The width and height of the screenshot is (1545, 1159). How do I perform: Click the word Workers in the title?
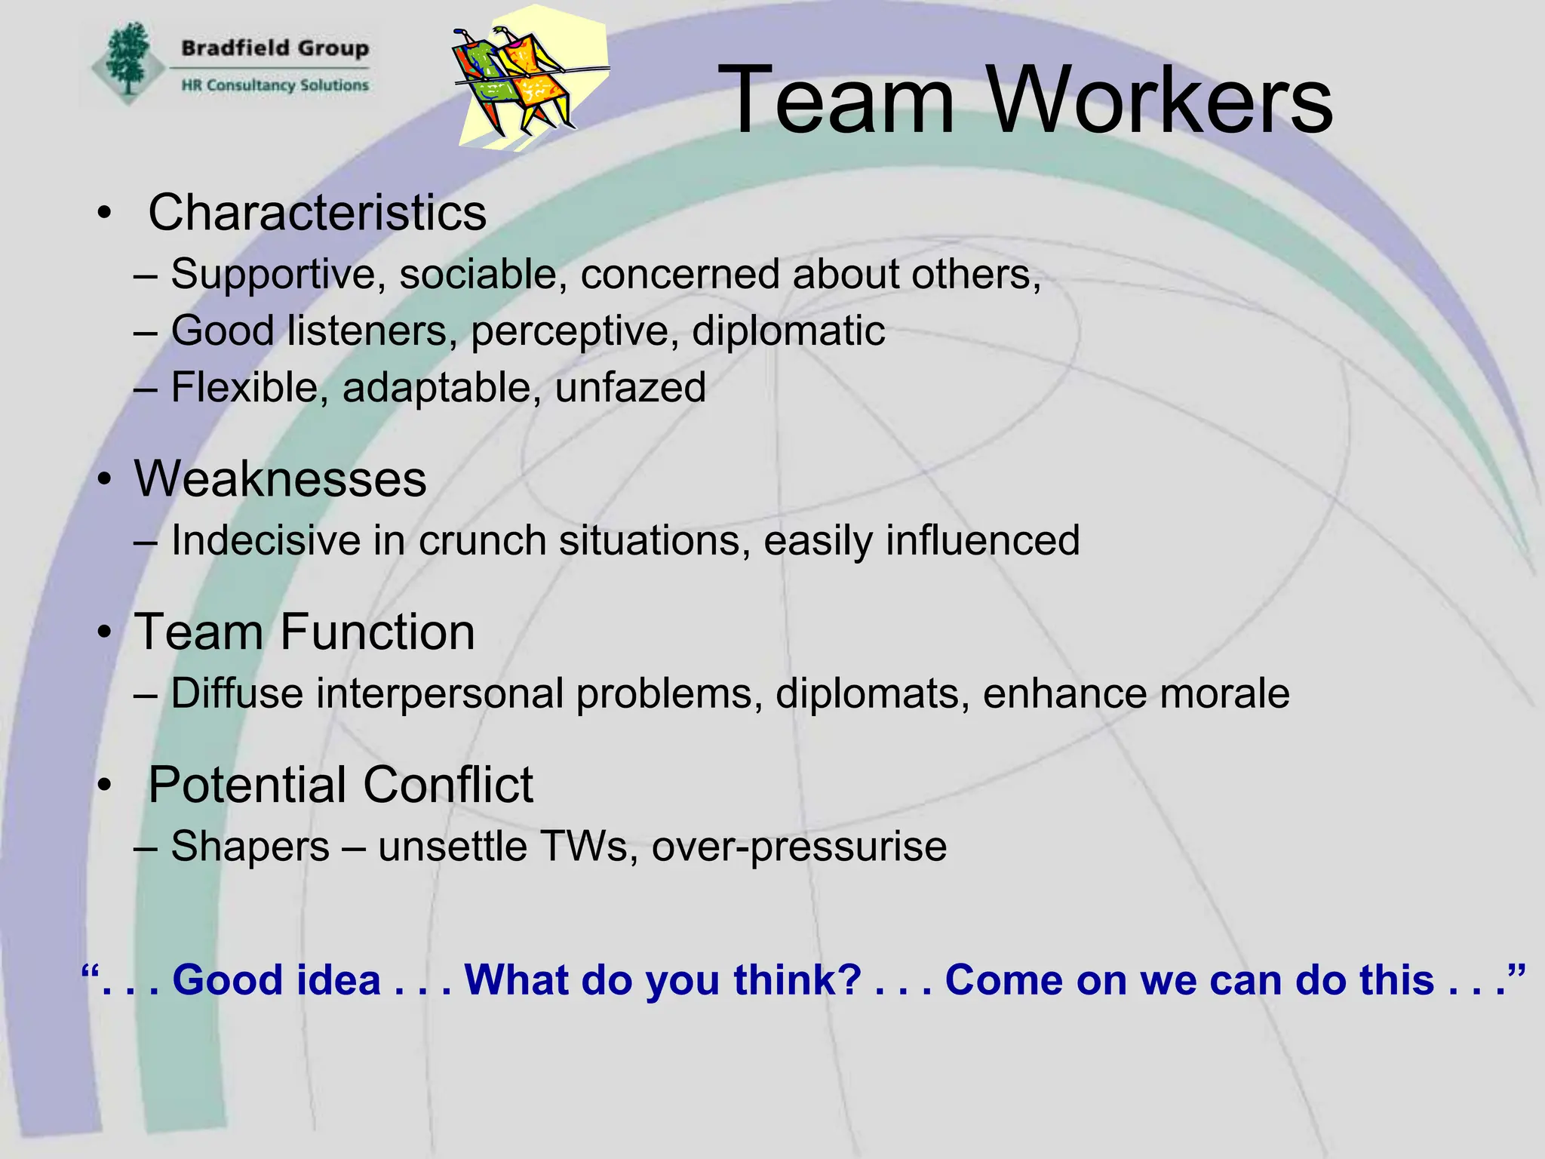coord(1160,101)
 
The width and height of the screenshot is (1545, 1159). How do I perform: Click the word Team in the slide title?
coord(836,101)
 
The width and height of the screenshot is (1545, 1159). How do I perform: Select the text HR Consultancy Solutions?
coord(275,85)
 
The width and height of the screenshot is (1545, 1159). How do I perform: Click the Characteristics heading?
coord(317,213)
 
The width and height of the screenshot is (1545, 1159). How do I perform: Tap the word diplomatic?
coord(788,331)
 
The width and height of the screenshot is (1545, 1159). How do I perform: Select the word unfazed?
coord(630,388)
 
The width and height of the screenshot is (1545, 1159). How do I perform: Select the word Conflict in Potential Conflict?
coord(438,785)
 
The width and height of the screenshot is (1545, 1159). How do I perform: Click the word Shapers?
coord(250,847)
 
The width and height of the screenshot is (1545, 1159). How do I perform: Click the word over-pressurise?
coord(799,847)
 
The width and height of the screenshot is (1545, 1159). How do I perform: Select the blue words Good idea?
coord(276,980)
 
